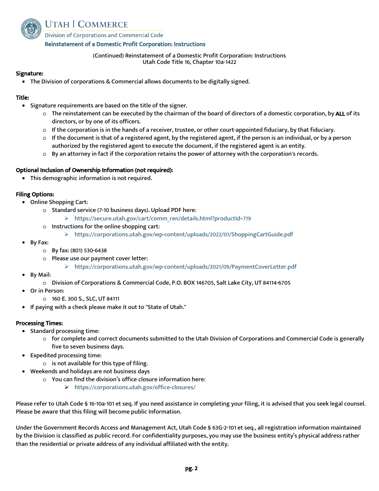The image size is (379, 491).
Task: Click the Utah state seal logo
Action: pyautogui.click(x=31, y=29)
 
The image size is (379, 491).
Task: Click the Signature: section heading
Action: pyautogui.click(x=30, y=73)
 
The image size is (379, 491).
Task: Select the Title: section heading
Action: pyautogui.click(x=22, y=97)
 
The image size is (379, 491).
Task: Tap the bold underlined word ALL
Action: pyautogui.click(x=340, y=114)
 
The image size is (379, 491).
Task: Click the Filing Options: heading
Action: pyautogui.click(x=35, y=194)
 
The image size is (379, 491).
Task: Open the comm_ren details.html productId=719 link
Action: pyautogui.click(x=162, y=218)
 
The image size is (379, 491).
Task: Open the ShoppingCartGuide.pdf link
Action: pyautogui.click(x=184, y=234)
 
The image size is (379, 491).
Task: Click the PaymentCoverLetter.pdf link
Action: pyautogui.click(x=185, y=267)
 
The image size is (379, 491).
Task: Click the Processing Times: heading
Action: pyautogui.click(x=39, y=323)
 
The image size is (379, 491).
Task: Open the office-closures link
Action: pyautogui.click(x=135, y=387)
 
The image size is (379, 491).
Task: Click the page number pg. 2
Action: pyautogui.click(x=191, y=469)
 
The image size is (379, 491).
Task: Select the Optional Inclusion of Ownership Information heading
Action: pyautogui.click(x=94, y=170)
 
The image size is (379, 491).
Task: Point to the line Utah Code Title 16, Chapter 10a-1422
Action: pyautogui.click(x=189, y=62)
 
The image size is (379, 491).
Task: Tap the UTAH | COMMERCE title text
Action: pyautogui.click(x=86, y=24)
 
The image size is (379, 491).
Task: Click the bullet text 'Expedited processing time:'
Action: pyautogui.click(x=66, y=355)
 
